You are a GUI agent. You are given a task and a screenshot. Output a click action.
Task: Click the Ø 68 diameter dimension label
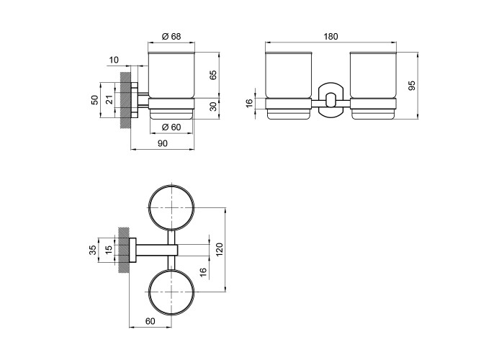[x=171, y=36]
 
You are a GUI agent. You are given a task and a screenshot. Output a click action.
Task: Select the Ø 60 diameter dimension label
[x=171, y=127]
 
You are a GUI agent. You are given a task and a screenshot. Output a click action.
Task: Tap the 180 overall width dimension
[x=330, y=37]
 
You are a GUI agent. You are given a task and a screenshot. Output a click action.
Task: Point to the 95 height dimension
[x=411, y=86]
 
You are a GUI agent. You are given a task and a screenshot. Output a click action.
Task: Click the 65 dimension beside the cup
[x=213, y=75]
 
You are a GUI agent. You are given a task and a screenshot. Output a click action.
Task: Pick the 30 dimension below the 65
[x=213, y=107]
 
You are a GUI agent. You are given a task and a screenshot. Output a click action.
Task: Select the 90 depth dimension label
[x=163, y=143]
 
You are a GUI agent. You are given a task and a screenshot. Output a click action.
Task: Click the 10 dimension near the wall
[x=114, y=60]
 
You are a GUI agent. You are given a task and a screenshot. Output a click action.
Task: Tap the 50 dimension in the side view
[x=94, y=100]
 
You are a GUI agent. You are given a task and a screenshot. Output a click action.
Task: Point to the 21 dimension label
[x=109, y=100]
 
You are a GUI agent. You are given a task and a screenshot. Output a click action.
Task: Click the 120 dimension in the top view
[x=219, y=250]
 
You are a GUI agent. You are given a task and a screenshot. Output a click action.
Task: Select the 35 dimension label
[x=93, y=250]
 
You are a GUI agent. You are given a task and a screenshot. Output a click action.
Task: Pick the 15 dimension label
[x=109, y=248]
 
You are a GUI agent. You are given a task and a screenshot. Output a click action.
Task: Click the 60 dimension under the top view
[x=150, y=321]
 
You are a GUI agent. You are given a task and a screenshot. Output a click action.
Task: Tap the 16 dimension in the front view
[x=249, y=103]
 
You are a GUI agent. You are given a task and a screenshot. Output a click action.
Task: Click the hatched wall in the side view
[x=125, y=100]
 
